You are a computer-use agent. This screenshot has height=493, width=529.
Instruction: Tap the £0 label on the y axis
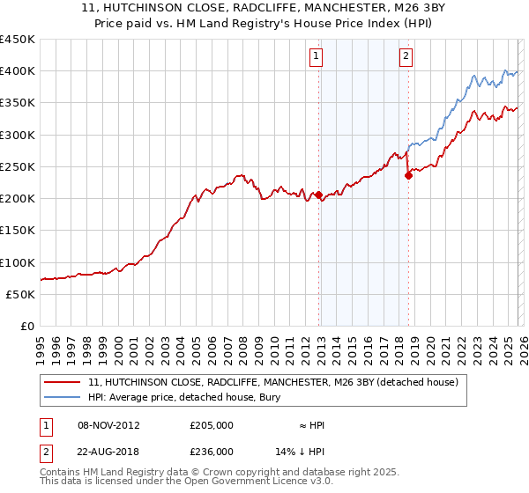point(26,327)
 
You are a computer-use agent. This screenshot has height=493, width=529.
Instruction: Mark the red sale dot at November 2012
point(318,195)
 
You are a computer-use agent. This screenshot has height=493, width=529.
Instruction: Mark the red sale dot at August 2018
point(408,175)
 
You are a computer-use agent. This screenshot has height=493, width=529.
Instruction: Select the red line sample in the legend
point(62,383)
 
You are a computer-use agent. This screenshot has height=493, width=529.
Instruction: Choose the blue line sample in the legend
point(62,398)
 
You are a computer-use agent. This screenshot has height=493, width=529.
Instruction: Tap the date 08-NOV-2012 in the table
point(108,425)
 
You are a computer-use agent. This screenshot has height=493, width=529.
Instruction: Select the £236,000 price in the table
point(212,451)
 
